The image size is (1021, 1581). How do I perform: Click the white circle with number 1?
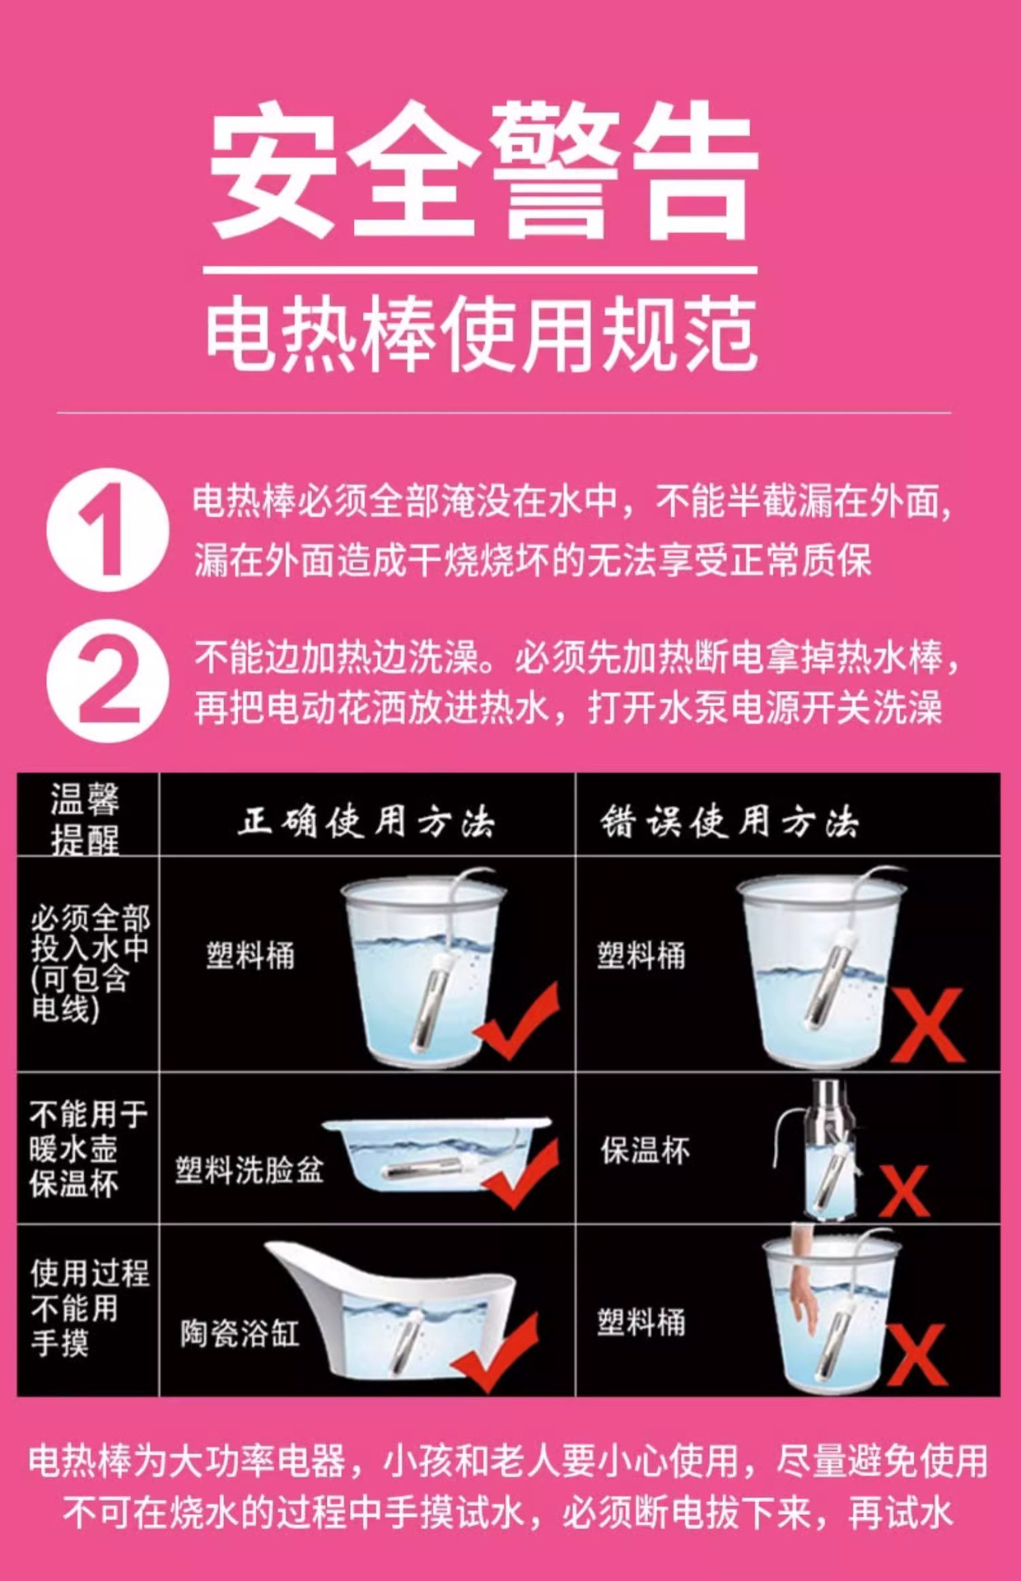[x=107, y=529]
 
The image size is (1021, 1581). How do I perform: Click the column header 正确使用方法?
[x=366, y=822]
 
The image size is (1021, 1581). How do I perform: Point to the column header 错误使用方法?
[x=729, y=822]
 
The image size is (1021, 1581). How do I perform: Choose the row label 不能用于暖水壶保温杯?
[x=87, y=1149]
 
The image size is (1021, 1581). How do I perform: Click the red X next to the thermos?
[x=904, y=1190]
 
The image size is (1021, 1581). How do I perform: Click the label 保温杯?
[x=645, y=1150]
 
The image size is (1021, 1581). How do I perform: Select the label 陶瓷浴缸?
[x=240, y=1333]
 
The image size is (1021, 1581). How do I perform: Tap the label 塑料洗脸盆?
[x=249, y=1169]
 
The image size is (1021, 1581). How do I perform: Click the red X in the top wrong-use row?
[x=927, y=1025]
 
